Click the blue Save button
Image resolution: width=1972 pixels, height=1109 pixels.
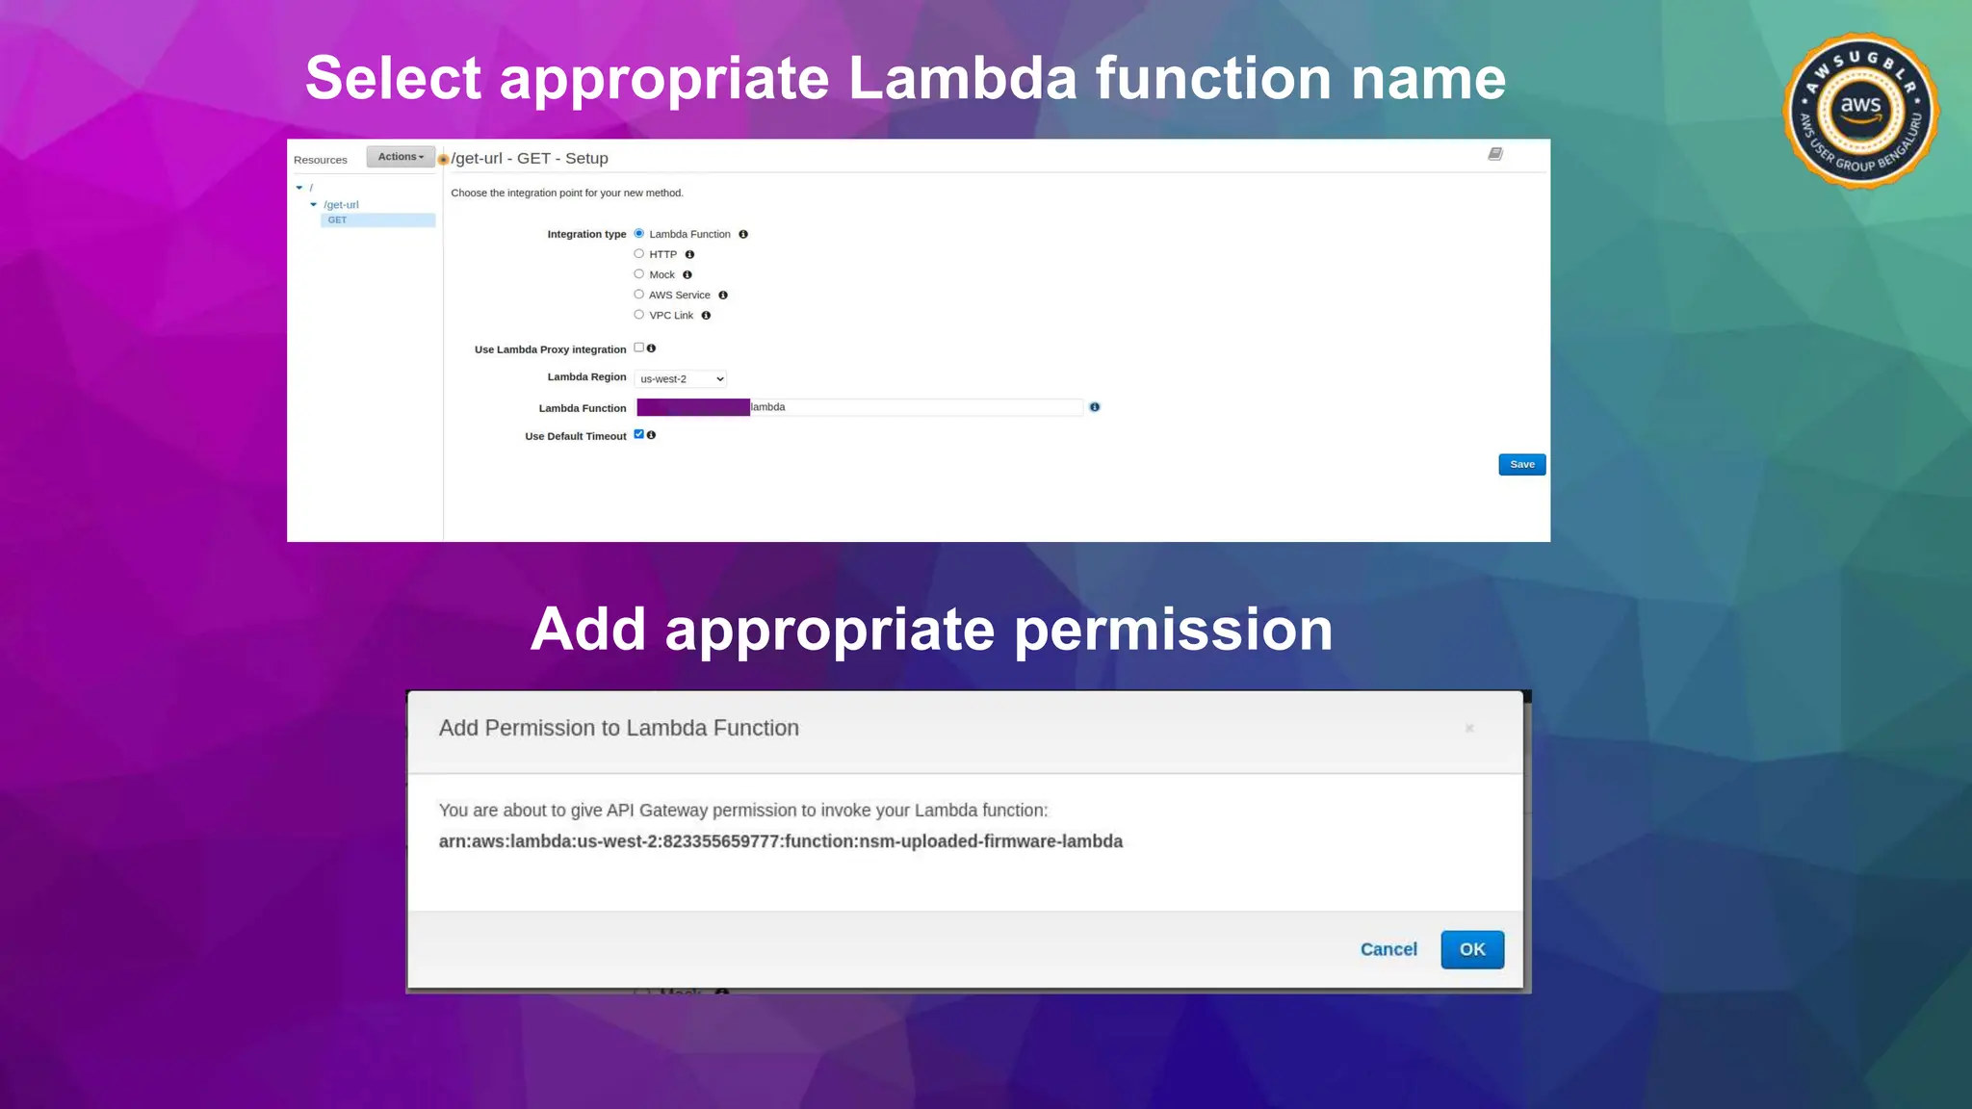click(1521, 465)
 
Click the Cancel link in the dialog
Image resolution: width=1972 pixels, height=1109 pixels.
click(1388, 949)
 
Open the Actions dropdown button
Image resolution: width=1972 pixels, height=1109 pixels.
click(401, 157)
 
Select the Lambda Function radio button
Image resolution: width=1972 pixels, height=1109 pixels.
click(639, 234)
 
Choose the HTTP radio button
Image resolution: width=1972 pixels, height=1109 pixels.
click(639, 254)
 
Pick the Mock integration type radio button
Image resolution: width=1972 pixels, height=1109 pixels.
click(639, 274)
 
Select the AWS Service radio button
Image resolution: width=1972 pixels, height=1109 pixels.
click(639, 295)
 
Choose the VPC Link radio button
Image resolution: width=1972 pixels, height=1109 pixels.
click(639, 315)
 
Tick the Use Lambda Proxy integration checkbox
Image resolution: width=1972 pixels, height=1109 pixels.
click(638, 348)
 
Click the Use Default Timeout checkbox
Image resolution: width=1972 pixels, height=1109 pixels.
click(638, 434)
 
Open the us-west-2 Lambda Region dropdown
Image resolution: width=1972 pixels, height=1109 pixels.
click(681, 379)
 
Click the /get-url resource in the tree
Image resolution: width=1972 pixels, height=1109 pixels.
click(341, 205)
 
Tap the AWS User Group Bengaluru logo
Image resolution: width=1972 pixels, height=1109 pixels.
click(1860, 111)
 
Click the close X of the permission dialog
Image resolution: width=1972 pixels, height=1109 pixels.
click(1469, 729)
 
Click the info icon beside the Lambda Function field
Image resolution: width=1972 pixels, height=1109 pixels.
click(1095, 407)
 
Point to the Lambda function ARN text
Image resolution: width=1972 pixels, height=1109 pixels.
click(780, 841)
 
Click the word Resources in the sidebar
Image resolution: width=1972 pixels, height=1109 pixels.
click(321, 160)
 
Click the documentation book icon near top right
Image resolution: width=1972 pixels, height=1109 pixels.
click(1495, 154)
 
